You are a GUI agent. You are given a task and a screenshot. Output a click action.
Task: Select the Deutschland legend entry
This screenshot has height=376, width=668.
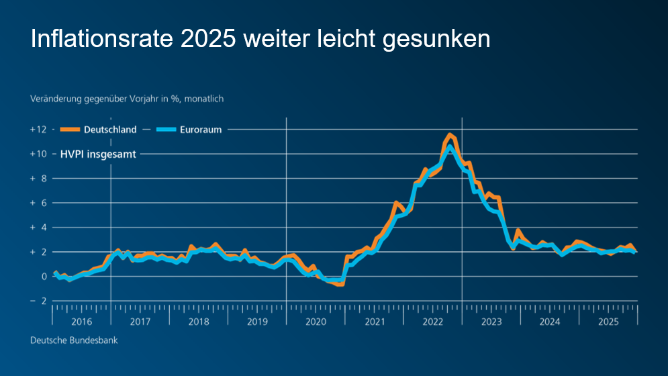coord(109,130)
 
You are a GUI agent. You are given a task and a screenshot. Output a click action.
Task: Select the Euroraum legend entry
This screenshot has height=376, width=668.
coord(200,130)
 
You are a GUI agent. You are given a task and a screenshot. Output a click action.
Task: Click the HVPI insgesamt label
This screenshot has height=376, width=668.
coord(98,154)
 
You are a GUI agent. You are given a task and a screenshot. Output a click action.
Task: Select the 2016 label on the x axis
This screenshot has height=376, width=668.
coord(81,322)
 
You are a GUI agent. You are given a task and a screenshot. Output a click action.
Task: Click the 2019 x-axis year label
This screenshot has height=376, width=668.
coord(257,322)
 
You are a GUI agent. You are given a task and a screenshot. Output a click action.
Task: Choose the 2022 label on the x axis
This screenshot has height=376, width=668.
coord(433,322)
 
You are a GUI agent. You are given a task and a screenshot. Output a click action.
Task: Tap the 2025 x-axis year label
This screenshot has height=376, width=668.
coord(608,322)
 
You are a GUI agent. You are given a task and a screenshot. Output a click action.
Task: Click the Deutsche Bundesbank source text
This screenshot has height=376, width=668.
coord(74,340)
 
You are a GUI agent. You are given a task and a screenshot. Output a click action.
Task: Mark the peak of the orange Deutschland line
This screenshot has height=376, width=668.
coord(449,135)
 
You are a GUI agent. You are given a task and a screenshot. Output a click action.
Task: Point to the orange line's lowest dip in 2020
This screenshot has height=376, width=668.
coord(339,284)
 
